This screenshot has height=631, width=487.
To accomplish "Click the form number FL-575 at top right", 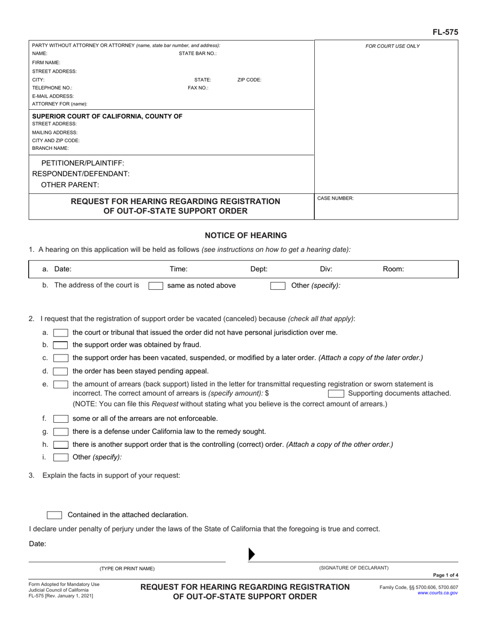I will (x=445, y=32).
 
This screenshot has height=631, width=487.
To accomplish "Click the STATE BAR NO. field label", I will (x=197, y=53).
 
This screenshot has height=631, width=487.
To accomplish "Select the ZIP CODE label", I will (x=249, y=80).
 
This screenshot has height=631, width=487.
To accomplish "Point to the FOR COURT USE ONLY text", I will (x=392, y=46).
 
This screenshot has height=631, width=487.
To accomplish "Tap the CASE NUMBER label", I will (x=335, y=198).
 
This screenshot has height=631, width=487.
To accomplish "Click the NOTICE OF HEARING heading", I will (x=246, y=235).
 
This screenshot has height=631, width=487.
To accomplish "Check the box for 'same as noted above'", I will (x=155, y=286).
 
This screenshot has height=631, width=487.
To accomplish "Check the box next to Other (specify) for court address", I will (x=277, y=286).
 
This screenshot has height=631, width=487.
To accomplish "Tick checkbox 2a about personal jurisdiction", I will (x=60, y=332).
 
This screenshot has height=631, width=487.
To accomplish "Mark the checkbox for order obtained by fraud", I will (x=60, y=345).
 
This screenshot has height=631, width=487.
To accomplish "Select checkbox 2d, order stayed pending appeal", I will (x=60, y=371).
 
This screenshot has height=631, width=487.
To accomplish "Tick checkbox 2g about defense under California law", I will (x=60, y=431).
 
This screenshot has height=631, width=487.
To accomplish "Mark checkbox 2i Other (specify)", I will (x=60, y=457).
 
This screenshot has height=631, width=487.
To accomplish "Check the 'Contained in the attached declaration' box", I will (x=54, y=515).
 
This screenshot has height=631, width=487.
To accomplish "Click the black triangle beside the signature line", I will (x=251, y=554).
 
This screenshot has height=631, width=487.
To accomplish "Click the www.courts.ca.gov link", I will (x=438, y=593).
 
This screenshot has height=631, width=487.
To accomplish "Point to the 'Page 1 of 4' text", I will (x=445, y=576).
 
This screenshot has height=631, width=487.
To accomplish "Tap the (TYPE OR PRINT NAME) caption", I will (x=127, y=568).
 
